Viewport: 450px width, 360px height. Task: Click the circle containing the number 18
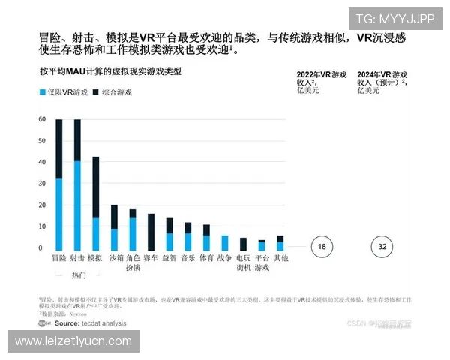pyautogui.click(x=322, y=246)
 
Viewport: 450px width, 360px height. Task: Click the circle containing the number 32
pyautogui.click(x=382, y=246)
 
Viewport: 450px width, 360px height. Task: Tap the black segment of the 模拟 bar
pyautogui.click(x=96, y=187)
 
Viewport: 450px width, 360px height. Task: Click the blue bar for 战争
pyautogui.click(x=224, y=243)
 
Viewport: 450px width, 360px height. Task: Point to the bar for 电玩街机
pyautogui.click(x=243, y=244)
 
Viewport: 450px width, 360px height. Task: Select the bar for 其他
pyautogui.click(x=280, y=243)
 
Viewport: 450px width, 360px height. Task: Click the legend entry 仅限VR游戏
pyautogui.click(x=58, y=92)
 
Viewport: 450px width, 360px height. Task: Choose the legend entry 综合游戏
pyautogui.click(x=112, y=92)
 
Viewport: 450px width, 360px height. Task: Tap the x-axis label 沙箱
pyautogui.click(x=115, y=258)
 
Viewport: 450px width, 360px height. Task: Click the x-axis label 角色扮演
pyautogui.click(x=133, y=262)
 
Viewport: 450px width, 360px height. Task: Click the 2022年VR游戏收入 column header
pyautogui.click(x=321, y=82)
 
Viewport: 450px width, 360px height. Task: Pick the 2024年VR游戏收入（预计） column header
pyautogui.click(x=382, y=82)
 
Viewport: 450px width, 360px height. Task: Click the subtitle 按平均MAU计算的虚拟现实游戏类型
pyautogui.click(x=110, y=72)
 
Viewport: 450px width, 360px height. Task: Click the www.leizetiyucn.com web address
pyautogui.click(x=73, y=341)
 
